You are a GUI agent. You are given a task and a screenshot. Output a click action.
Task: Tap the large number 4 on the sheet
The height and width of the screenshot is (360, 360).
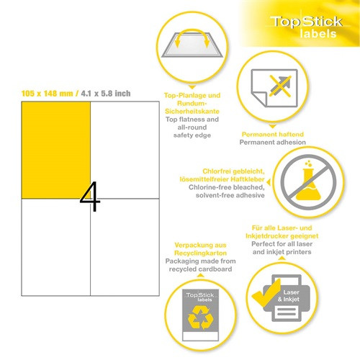click(90, 196)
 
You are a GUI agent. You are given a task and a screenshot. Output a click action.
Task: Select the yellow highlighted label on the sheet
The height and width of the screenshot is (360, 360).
click(56, 148)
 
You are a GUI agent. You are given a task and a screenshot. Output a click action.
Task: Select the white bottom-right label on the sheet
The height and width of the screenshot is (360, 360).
click(124, 246)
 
